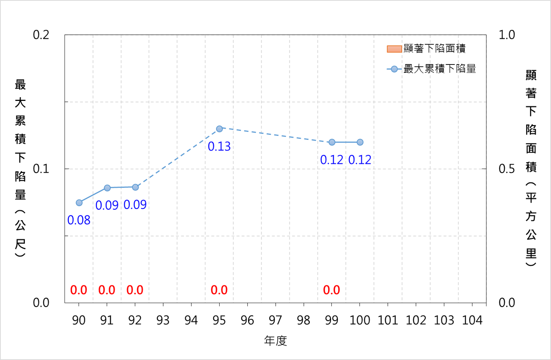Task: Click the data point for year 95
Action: click(219, 129)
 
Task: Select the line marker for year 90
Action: click(79, 203)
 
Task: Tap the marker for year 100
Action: click(360, 142)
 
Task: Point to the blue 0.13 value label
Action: click(219, 147)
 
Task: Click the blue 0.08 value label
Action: click(79, 220)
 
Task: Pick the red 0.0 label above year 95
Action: click(219, 290)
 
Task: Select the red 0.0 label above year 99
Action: click(331, 290)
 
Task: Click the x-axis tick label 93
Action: click(163, 320)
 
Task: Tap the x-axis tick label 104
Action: click(472, 320)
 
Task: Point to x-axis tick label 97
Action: click(275, 320)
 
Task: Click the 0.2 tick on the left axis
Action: click(41, 35)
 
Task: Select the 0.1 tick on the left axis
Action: click(41, 169)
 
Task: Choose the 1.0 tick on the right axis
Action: click(507, 35)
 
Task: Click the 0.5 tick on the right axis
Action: click(507, 169)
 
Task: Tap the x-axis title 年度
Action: click(276, 341)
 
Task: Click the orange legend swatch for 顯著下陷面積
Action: click(394, 49)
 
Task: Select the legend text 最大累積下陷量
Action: click(440, 69)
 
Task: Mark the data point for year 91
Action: click(107, 188)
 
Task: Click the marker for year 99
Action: click(332, 142)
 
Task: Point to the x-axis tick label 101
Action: click(388, 320)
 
